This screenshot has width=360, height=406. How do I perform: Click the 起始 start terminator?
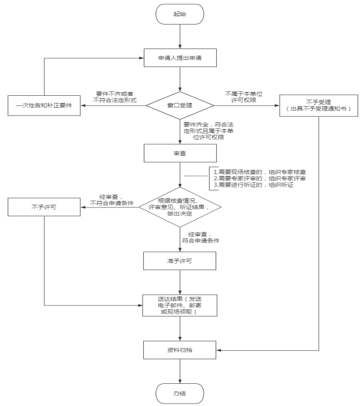pos(180,14)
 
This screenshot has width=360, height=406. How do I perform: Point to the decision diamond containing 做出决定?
pos(180,207)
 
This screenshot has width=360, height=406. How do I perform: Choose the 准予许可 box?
pos(180,260)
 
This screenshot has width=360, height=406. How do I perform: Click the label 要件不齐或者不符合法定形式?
pos(116,97)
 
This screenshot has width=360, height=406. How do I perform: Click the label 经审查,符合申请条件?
pos(204,237)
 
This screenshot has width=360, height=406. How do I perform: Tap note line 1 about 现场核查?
pos(264,172)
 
